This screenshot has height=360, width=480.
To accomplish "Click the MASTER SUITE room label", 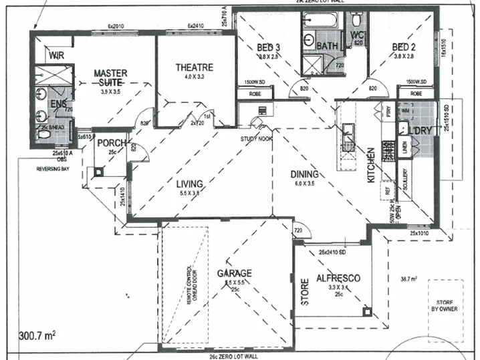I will [110, 77].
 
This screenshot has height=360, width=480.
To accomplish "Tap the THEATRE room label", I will [194, 67].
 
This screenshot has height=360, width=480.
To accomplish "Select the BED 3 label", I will [269, 47].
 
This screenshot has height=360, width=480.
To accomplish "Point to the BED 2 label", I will [404, 47].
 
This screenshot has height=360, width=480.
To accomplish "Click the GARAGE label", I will [233, 274].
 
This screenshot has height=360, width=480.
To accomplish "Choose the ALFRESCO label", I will [339, 278].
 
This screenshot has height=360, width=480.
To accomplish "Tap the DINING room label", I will [304, 175].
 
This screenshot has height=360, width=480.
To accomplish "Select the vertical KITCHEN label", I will [370, 166].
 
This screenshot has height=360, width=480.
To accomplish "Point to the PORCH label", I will [112, 144].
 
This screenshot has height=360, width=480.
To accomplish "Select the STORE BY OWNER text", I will [444, 305].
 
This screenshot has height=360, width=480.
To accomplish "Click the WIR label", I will [56, 56].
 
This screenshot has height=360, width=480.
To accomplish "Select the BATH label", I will [327, 46].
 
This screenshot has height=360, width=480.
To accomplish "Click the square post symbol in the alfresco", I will [366, 311].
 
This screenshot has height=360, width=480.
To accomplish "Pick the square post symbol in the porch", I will [99, 170].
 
